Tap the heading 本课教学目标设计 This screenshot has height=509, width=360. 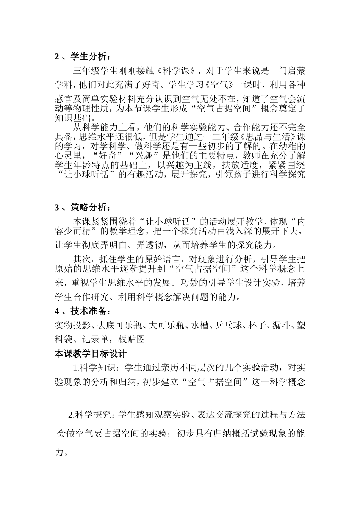click(x=91, y=354)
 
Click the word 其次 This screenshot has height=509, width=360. click(x=81, y=259)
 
